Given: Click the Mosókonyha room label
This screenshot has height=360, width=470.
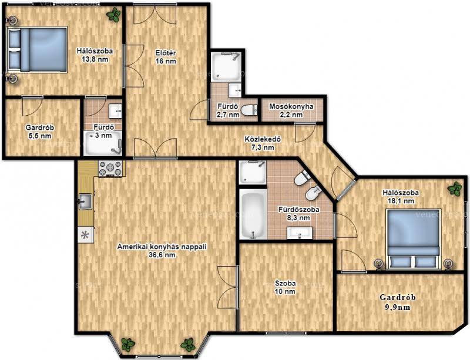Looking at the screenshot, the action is coord(291,106).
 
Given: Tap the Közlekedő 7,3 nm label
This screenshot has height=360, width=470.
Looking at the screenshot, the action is coord(263,143).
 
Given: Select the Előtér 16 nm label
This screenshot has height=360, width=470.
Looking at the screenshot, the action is coord(166,57).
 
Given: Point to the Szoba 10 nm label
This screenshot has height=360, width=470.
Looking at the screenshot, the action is coord(286,287).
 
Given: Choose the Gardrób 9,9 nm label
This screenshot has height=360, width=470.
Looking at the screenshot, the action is coord(398,302).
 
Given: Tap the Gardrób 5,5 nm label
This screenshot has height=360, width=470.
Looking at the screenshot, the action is coord(40,132).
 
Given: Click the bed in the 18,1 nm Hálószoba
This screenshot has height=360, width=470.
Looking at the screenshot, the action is coord(414,238).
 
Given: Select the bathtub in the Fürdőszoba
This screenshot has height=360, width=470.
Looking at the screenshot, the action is coord(253,214).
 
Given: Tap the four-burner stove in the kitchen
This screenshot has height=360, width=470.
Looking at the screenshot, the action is coord(110,168).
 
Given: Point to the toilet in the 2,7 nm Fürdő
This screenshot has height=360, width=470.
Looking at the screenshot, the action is coord(249,110).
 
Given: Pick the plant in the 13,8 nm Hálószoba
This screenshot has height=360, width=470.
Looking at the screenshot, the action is coord(113,15).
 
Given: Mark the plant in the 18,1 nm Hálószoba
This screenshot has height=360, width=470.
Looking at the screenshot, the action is coord(455,189).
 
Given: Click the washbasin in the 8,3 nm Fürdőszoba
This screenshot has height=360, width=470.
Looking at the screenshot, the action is coord(300,233).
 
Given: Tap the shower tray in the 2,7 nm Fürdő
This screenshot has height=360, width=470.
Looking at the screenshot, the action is coord(226,67).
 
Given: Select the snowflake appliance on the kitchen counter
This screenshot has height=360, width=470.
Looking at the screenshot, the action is coord(86,235).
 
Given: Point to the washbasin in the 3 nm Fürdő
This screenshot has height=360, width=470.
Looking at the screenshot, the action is coord(115,111).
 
